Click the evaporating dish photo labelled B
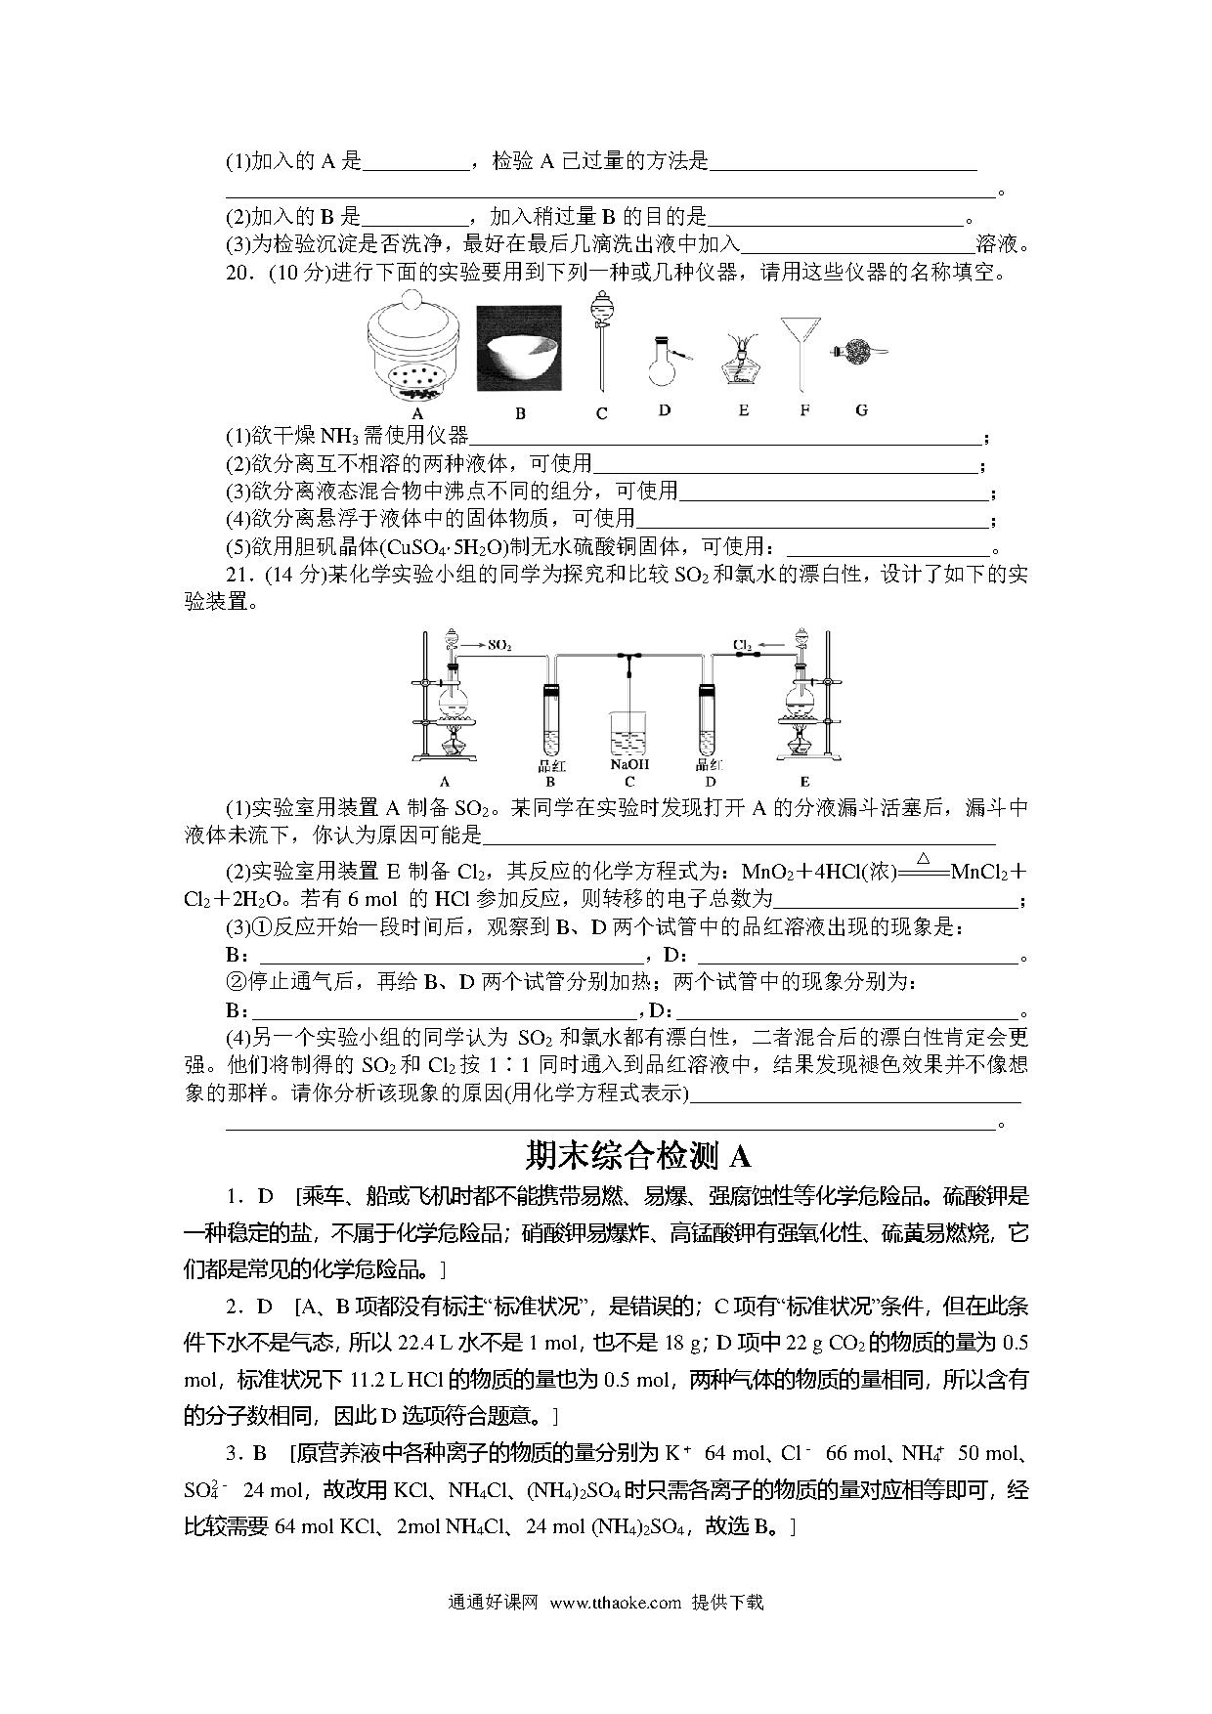[x=519, y=350]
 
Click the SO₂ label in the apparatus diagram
[x=499, y=646]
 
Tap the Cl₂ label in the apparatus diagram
[x=743, y=645]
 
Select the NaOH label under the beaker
[x=629, y=764]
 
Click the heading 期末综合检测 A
[x=637, y=1156]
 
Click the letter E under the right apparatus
[x=804, y=781]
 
